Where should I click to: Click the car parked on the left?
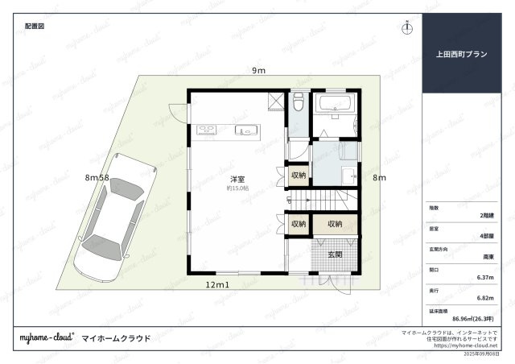click(109, 215)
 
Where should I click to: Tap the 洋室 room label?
click(237, 178)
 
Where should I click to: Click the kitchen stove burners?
click(204, 129)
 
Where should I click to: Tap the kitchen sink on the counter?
click(244, 130)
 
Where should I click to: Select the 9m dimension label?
click(258, 71)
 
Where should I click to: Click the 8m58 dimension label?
click(97, 176)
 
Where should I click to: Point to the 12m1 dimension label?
click(217, 285)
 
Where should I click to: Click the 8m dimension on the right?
click(379, 177)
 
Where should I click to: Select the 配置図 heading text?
click(34, 27)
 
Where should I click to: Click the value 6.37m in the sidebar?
click(484, 277)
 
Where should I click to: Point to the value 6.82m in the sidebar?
click(484, 297)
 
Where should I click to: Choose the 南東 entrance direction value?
click(488, 257)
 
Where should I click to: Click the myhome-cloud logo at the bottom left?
click(47, 338)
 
